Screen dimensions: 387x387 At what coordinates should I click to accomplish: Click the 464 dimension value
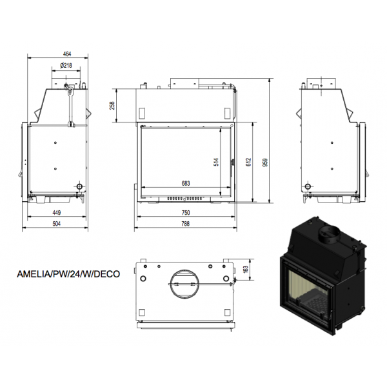(67, 54)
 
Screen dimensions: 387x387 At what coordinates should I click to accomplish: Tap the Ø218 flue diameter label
(66, 65)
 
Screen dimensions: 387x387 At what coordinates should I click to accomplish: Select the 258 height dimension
(112, 106)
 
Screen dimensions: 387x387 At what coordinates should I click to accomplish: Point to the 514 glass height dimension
(216, 162)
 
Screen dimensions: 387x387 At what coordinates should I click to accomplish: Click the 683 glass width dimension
(186, 183)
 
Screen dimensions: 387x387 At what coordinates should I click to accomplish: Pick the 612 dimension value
(248, 162)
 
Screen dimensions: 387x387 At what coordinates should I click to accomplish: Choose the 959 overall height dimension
(265, 163)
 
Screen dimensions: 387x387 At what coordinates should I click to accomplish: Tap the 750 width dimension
(186, 212)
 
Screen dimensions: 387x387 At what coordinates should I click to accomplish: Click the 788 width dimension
(185, 224)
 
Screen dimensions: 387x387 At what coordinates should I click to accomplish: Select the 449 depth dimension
(57, 212)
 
